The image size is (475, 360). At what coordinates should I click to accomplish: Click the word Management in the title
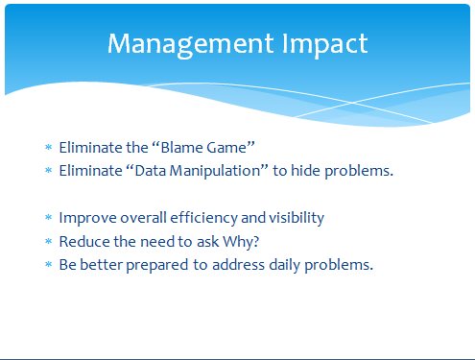(190, 44)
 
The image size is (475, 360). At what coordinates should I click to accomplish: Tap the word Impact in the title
(324, 44)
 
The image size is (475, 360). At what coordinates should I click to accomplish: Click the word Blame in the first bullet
(181, 148)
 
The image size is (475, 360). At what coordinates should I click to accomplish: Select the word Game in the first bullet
(226, 148)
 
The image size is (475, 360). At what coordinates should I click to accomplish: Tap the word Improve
(87, 219)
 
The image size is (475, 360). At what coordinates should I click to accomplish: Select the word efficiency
(203, 219)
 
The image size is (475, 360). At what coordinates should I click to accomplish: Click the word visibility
(297, 219)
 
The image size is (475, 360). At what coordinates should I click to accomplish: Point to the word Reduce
(84, 241)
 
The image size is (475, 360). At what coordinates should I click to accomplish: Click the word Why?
(241, 242)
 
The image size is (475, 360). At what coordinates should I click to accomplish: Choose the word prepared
(156, 266)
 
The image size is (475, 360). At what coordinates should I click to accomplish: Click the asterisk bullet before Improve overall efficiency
(48, 218)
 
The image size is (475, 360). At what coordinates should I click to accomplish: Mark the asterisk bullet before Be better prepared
(48, 264)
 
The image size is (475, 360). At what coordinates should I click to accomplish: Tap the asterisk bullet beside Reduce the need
(48, 241)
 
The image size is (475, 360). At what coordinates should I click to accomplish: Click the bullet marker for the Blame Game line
(48, 147)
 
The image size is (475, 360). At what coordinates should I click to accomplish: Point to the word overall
(143, 218)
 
